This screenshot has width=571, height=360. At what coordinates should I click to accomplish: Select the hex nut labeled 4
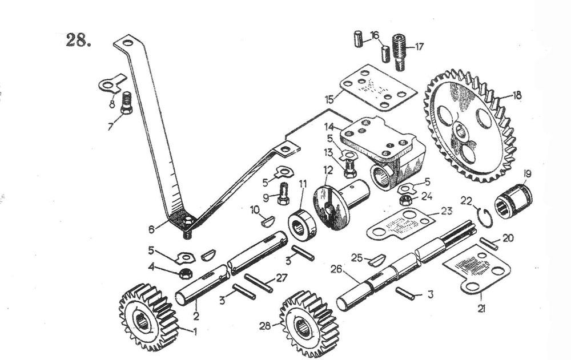(x=186, y=274)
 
